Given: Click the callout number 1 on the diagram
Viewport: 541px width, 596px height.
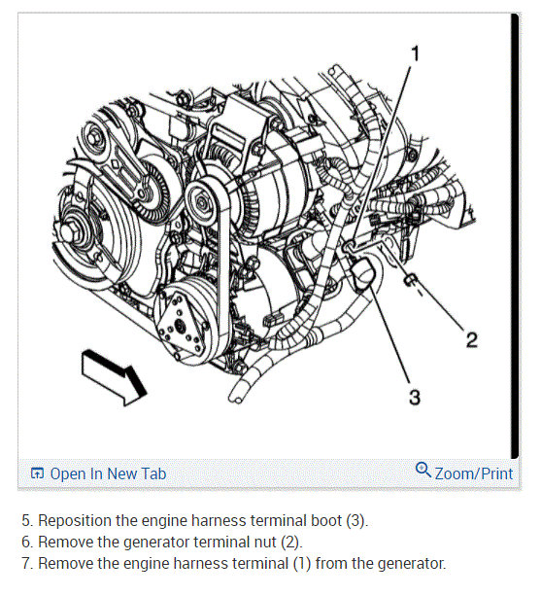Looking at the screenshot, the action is tap(416, 53).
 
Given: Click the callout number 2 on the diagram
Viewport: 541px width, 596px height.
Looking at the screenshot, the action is tap(471, 339).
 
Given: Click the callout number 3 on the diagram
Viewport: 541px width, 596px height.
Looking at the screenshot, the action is tap(415, 397).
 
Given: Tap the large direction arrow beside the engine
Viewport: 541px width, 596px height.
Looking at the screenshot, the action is tap(114, 376).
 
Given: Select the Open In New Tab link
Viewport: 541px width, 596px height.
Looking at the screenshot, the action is tap(108, 474).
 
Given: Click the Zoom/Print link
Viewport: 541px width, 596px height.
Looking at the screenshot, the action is tap(474, 474).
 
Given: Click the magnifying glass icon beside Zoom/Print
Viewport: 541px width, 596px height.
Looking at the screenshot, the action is tap(423, 470).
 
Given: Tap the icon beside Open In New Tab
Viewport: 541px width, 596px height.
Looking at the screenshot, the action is tap(37, 473).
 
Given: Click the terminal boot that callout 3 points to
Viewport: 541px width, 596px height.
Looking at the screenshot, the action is tap(363, 273).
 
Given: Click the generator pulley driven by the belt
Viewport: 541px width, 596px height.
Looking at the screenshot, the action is tap(201, 202).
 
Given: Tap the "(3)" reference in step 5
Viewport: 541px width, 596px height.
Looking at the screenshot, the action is tap(357, 521).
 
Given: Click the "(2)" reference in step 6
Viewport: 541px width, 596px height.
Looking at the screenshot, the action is tap(291, 542).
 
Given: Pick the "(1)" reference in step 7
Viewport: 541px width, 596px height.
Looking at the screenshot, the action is tap(302, 563).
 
